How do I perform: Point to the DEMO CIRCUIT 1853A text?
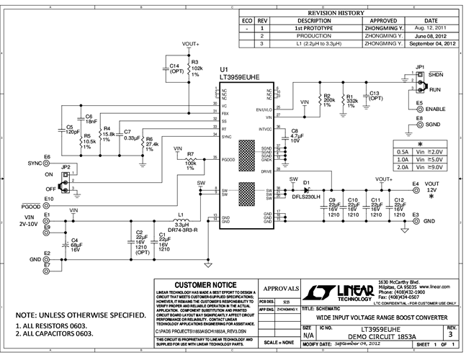pyautogui.click(x=377, y=336)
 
